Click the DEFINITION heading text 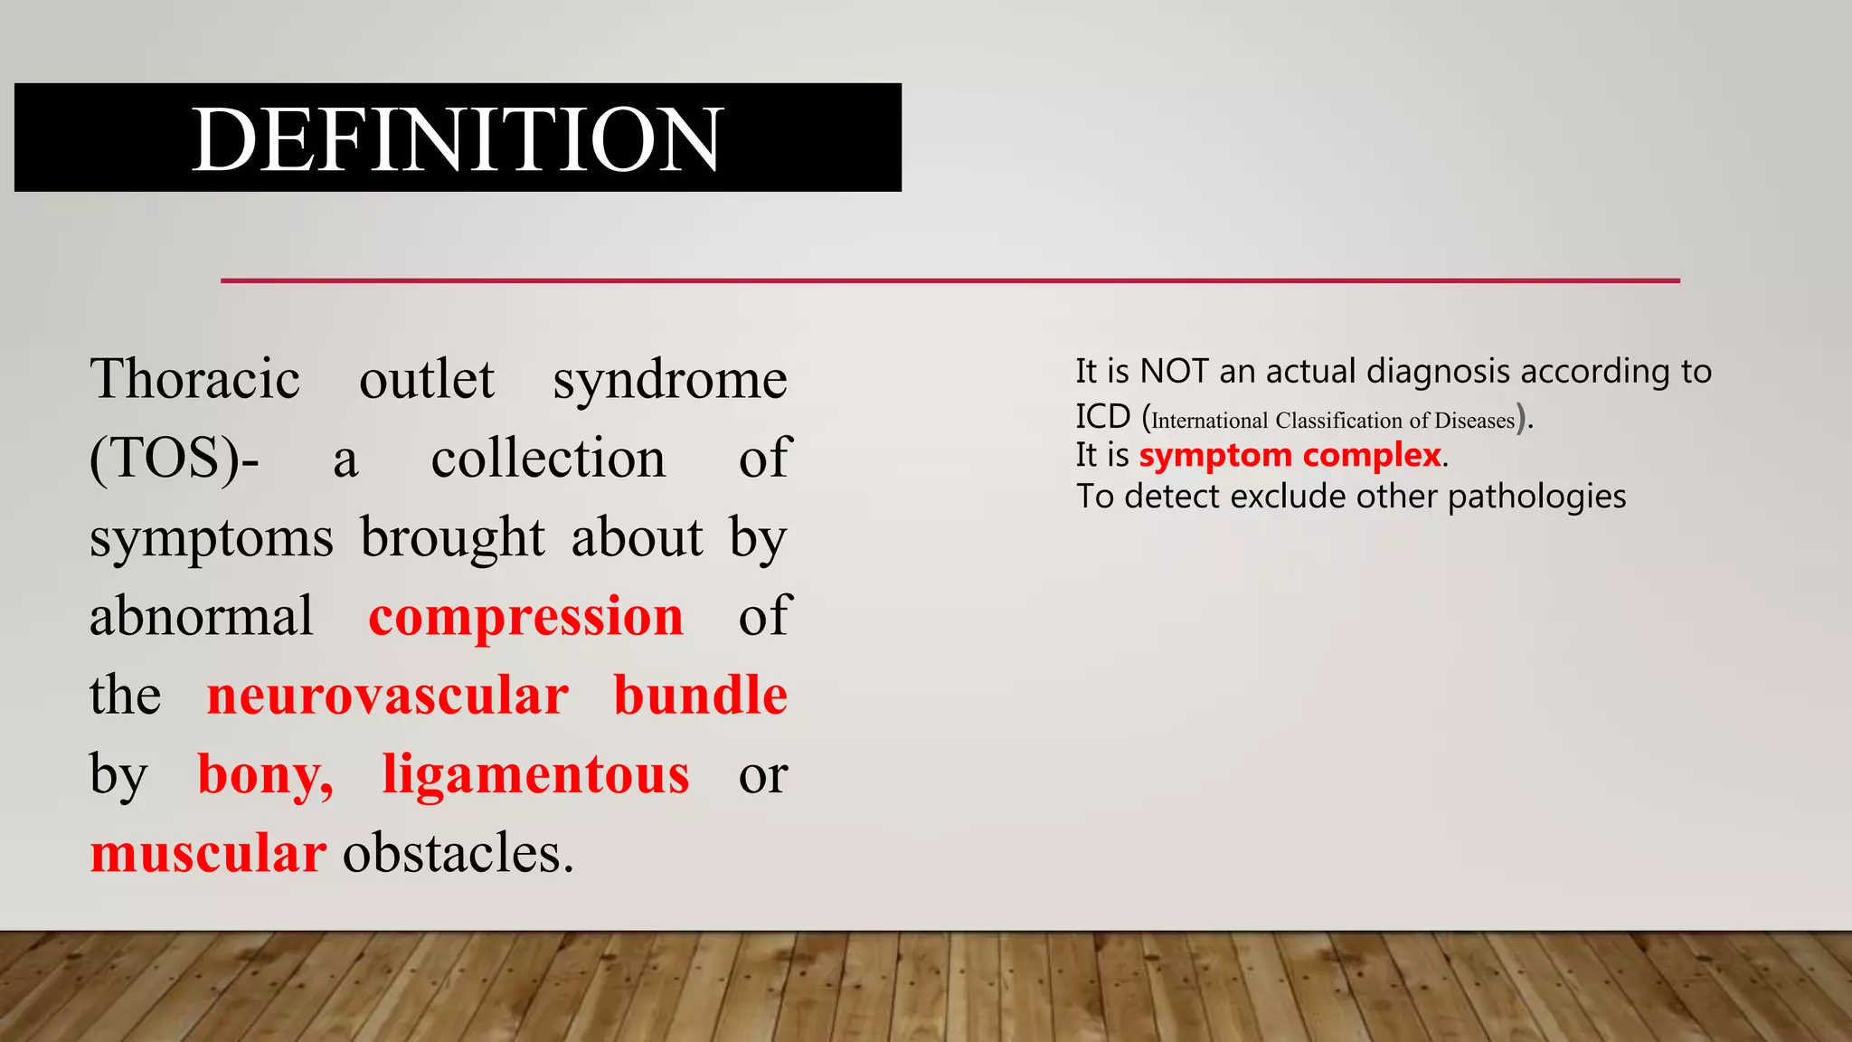click(458, 139)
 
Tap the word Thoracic click(194, 379)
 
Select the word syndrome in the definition click(670, 379)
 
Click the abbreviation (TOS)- click(174, 458)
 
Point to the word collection click(548, 458)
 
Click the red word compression click(525, 617)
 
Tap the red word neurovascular click(388, 696)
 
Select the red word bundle click(700, 696)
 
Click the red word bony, click(265, 775)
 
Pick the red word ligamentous click(535, 775)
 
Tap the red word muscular click(208, 853)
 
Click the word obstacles click(458, 853)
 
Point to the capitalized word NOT click(1174, 372)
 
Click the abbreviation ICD click(1102, 417)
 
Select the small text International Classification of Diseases click(1332, 421)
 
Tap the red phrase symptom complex click(1290, 455)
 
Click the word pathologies click(1536, 497)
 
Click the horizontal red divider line click(950, 280)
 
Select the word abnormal click(201, 617)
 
